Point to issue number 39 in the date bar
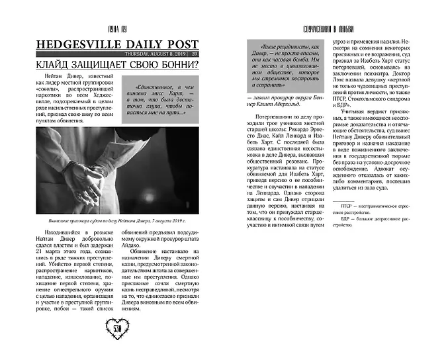(x=195, y=54)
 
